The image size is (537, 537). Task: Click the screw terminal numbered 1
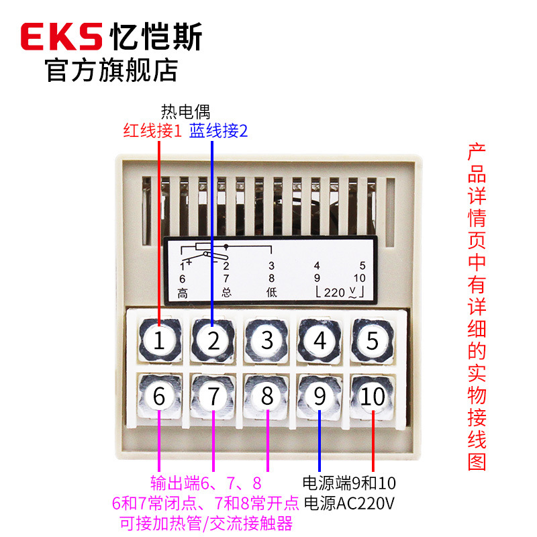159,340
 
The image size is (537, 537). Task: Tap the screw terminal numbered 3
266,340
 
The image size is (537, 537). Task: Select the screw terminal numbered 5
373,340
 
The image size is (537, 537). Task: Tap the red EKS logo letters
62,36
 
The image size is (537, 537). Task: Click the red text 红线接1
152,130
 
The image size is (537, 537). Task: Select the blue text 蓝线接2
219,130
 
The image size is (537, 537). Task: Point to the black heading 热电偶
185,111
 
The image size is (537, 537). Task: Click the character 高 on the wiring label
183,293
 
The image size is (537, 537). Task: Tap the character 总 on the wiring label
226,292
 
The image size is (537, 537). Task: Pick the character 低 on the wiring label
272,292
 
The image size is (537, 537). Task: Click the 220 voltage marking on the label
334,293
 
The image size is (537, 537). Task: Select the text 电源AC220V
349,503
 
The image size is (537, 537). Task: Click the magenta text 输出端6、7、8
206,483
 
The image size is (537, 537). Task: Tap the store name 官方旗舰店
111,70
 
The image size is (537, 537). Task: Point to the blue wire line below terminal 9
320,441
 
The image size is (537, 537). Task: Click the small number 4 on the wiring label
317,265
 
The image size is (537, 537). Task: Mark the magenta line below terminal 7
213,441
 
